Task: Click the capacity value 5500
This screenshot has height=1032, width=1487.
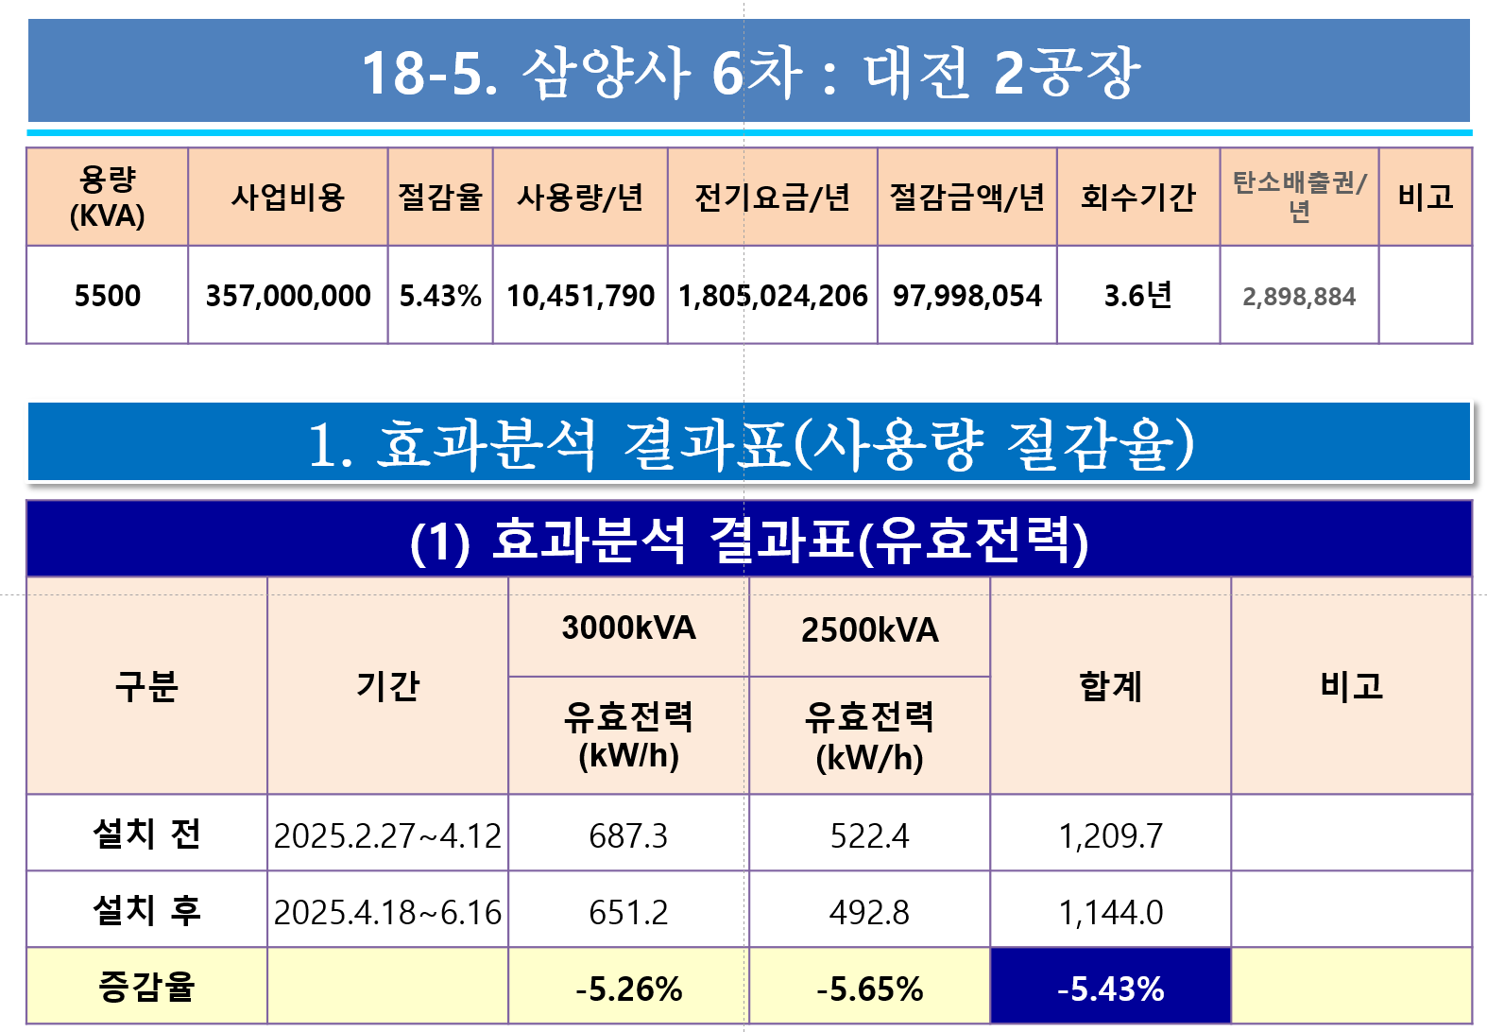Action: point(107,296)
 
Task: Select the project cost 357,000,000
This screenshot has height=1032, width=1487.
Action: point(288,296)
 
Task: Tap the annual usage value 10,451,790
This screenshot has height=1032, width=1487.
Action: point(580,296)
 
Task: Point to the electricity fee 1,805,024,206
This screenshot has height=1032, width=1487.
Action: point(773,296)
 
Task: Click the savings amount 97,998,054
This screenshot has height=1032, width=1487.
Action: point(967,296)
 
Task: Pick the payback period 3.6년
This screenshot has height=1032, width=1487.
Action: point(1137,296)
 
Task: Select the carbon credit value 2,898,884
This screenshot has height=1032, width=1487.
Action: point(1299,296)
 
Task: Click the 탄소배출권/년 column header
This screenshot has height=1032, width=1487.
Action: point(1299,197)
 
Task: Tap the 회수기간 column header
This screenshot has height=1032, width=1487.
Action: point(1137,197)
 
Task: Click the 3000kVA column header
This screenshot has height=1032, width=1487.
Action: point(628,628)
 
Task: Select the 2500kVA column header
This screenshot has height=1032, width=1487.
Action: point(870,629)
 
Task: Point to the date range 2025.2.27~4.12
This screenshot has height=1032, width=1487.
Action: point(387,835)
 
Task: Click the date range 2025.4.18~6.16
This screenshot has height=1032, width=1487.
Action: point(387,912)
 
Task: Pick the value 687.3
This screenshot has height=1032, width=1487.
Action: point(628,835)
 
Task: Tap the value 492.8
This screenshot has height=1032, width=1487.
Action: point(869,912)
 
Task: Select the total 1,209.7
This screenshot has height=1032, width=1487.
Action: point(1111,835)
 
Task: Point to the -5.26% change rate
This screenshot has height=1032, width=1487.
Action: point(628,989)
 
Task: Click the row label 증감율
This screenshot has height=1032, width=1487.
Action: point(146,987)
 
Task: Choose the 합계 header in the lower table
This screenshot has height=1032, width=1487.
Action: point(1111,686)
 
